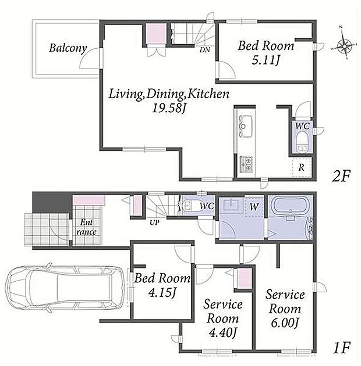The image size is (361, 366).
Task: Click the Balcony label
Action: (68, 49)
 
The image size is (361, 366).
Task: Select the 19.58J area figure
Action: (169, 108)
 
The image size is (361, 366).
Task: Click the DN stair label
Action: (205, 50)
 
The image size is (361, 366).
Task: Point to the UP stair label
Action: (154, 223)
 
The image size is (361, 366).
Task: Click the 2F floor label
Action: (341, 176)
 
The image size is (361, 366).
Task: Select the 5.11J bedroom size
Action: (266, 60)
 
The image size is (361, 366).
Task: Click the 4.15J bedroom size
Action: (162, 293)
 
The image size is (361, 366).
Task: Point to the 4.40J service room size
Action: (222, 333)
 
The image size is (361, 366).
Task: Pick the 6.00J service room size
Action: (285, 323)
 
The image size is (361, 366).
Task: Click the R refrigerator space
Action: (302, 167)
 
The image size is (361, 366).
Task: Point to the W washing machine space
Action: (254, 206)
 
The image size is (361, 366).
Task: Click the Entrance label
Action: (87, 227)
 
